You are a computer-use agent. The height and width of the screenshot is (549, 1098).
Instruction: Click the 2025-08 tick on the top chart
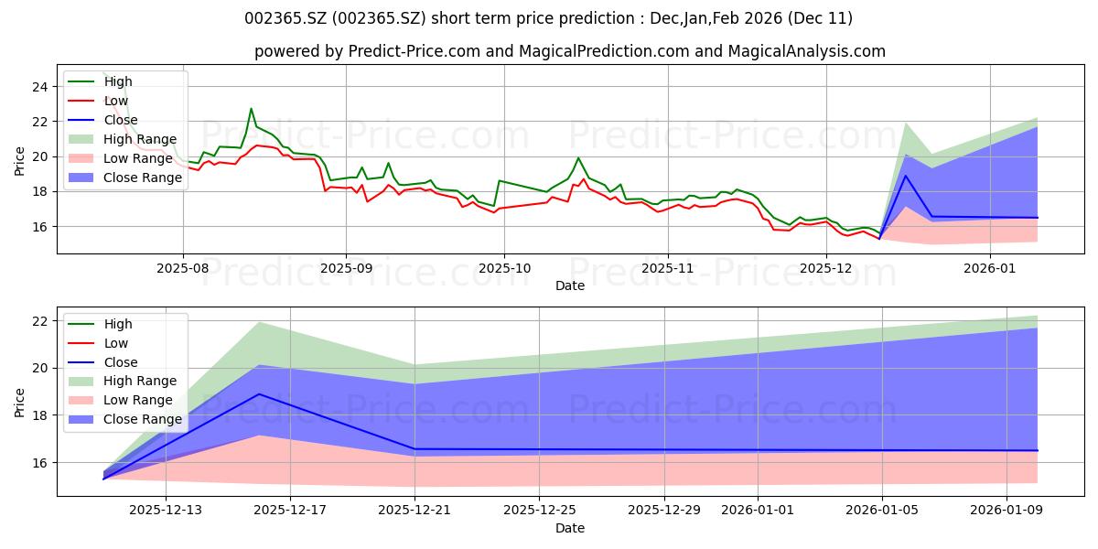click(x=182, y=269)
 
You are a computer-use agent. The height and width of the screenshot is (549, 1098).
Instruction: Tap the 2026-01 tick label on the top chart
click(x=990, y=269)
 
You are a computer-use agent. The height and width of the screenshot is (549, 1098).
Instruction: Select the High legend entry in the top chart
click(x=118, y=81)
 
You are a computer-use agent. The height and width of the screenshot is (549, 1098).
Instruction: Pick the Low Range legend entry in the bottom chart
click(x=138, y=401)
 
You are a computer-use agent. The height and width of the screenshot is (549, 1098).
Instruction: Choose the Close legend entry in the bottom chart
click(x=121, y=362)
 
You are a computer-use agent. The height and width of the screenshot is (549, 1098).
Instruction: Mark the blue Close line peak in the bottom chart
click(x=259, y=394)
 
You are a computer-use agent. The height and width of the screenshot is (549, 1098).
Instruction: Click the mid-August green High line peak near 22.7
click(x=252, y=109)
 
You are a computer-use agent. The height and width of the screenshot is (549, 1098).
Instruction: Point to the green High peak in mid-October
click(x=578, y=158)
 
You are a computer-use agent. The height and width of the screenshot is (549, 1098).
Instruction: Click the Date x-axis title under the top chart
click(x=569, y=285)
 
